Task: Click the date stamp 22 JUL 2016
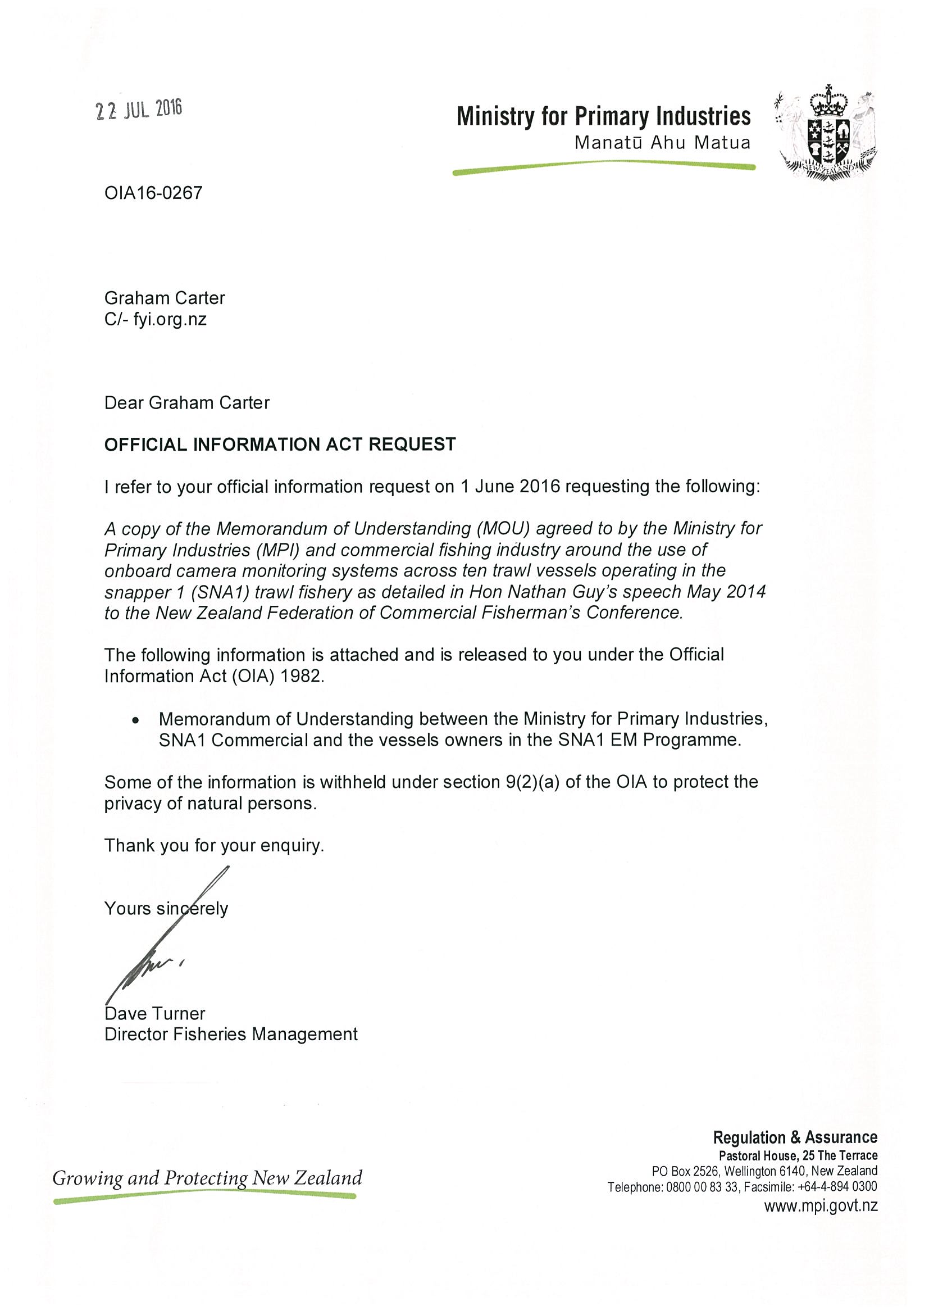(139, 110)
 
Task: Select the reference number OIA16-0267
(153, 192)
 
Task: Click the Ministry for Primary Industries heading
(603, 116)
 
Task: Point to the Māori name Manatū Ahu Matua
(662, 143)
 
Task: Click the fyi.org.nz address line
(155, 319)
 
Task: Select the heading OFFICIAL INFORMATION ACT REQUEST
(280, 445)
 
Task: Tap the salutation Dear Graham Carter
(186, 402)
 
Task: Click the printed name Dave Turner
(154, 1013)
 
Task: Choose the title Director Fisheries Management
(231, 1035)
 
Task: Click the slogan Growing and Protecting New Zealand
(207, 1178)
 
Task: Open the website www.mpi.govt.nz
(821, 1205)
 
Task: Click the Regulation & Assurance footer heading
(795, 1137)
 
